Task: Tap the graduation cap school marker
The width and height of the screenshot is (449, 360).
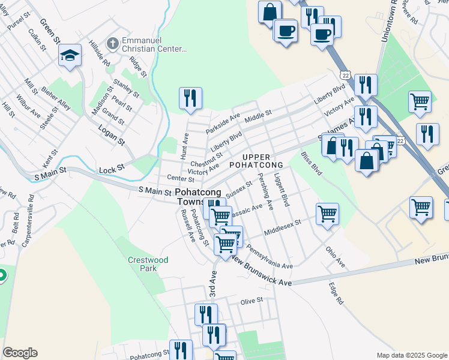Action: point(70,56)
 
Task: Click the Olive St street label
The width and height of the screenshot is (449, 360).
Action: point(252,301)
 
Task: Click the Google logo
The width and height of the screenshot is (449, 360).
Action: point(20,353)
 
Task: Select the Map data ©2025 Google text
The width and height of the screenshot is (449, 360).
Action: point(411,355)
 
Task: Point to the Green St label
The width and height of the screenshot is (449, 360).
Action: point(50,31)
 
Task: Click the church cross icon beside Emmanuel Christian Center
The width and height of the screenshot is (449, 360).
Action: point(112,43)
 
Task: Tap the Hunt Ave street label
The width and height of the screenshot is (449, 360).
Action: point(185,146)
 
